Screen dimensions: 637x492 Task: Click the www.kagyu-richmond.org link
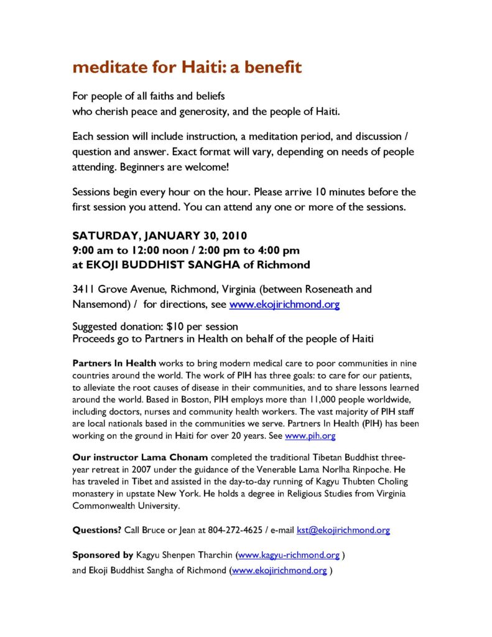[289, 555]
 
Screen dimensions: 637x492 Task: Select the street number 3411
[85, 289]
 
